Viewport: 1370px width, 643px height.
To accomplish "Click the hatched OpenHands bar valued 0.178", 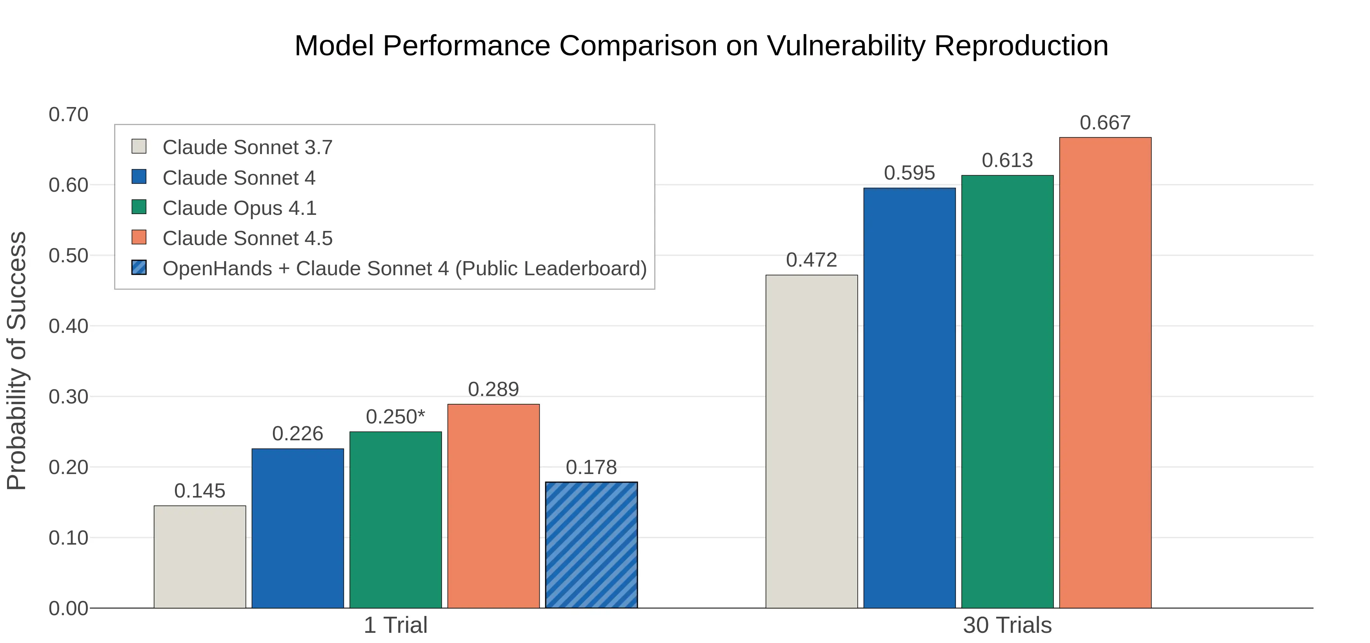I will pyautogui.click(x=591, y=545).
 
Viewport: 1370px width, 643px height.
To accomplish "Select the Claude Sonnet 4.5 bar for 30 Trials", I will pyautogui.click(x=1105, y=372).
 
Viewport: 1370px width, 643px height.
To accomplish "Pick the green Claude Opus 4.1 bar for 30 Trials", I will pyautogui.click(x=1007, y=391).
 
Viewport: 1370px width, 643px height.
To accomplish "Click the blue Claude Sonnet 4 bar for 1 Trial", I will pyautogui.click(x=298, y=528).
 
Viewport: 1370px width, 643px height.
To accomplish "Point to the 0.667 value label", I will pyautogui.click(x=1105, y=123).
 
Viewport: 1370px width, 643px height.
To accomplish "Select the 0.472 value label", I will pyautogui.click(x=811, y=260).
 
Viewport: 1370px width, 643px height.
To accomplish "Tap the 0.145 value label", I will pyautogui.click(x=200, y=491).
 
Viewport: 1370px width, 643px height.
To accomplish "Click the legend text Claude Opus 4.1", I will pyautogui.click(x=239, y=208).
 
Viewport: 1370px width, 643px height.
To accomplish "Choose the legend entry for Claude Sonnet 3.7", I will pyautogui.click(x=247, y=147).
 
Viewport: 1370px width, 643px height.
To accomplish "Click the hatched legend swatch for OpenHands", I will pyautogui.click(x=139, y=267).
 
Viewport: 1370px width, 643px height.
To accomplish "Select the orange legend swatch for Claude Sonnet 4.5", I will pyautogui.click(x=139, y=237).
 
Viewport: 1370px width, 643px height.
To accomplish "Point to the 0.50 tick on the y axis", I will pyautogui.click(x=69, y=256).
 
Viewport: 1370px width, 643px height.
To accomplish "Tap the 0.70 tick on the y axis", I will pyautogui.click(x=69, y=114).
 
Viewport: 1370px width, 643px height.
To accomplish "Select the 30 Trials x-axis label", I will pyautogui.click(x=1007, y=625).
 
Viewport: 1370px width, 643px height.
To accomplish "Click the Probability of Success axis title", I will pyautogui.click(x=17, y=361).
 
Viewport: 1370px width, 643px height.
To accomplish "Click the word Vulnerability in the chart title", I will pyautogui.click(x=846, y=46).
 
